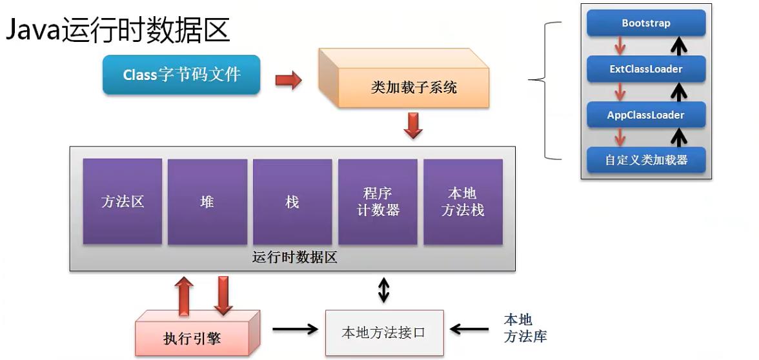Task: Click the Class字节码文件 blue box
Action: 181,75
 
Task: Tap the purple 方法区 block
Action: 123,201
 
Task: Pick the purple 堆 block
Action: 207,201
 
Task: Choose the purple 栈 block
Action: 292,201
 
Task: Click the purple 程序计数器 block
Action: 378,201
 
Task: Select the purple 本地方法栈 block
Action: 463,201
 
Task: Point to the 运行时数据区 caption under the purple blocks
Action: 294,258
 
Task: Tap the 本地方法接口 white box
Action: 384,332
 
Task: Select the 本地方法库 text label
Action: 525,328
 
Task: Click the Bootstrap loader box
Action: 646,23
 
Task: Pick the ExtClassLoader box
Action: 646,69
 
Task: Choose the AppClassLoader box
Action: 646,115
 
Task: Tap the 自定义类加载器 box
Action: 646,160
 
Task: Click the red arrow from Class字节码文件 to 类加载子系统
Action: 288,80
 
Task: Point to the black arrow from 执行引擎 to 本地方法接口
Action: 295,330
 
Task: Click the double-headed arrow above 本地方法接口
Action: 384,290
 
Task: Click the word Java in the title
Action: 34,30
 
